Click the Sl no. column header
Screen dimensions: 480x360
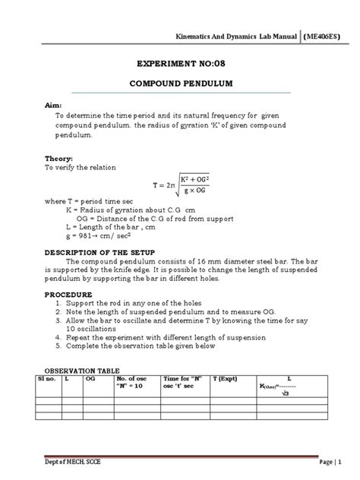[x=48, y=381]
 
